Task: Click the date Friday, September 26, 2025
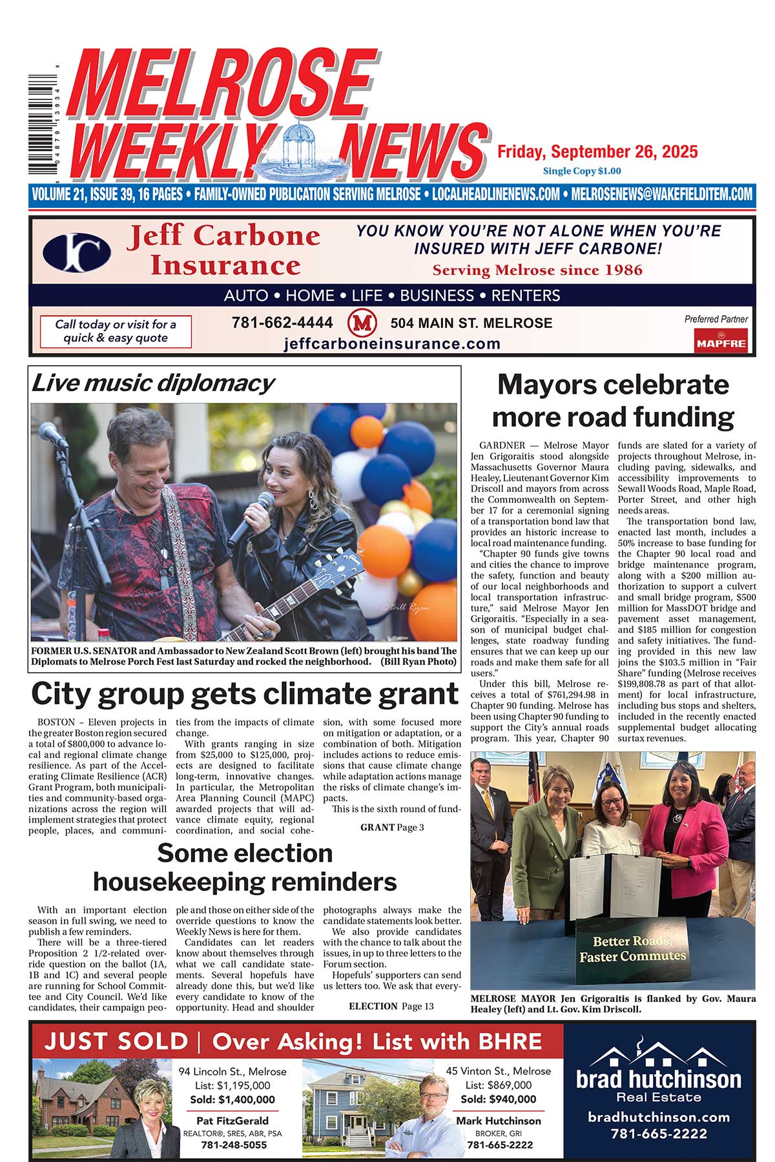(x=597, y=152)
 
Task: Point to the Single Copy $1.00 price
(x=582, y=171)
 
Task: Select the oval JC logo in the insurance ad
(x=76, y=252)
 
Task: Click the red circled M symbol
(x=362, y=322)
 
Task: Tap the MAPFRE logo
(x=721, y=341)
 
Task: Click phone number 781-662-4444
(x=282, y=323)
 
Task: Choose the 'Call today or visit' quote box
(x=116, y=331)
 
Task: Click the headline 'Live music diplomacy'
(x=153, y=383)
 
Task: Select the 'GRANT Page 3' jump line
(x=392, y=827)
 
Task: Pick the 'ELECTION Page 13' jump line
(x=391, y=1006)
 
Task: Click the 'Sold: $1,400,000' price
(x=232, y=1099)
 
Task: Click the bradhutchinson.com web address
(x=659, y=1117)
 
